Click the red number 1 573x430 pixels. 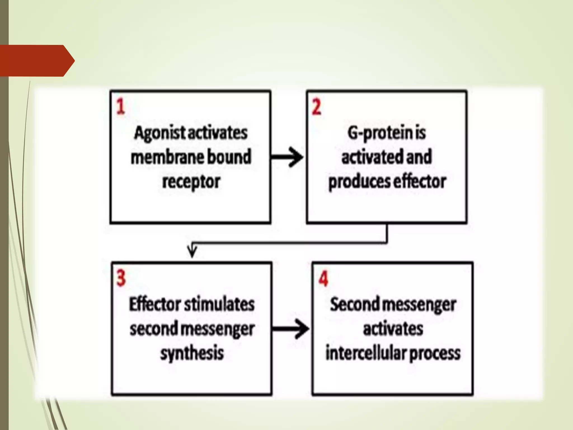coord(121,107)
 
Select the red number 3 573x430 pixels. coord(121,278)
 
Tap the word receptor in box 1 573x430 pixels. coord(191,182)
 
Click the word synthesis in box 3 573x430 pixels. coord(192,353)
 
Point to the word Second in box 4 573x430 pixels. coord(354,304)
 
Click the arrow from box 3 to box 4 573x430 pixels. coord(291,329)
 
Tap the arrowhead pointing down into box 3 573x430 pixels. coord(192,251)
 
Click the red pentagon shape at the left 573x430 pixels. coord(36,60)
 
